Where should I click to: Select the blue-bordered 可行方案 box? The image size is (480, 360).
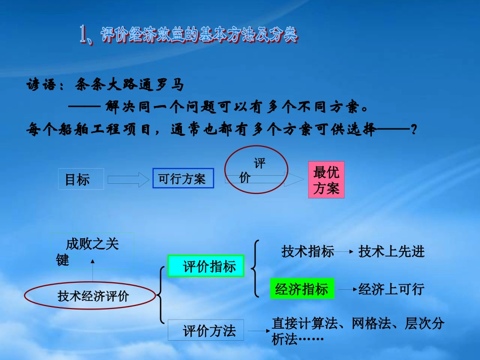(x=182, y=179)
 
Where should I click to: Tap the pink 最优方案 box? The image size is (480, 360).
(x=326, y=180)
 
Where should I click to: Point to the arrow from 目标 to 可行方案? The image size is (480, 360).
(x=126, y=179)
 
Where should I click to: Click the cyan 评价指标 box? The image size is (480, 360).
(x=206, y=266)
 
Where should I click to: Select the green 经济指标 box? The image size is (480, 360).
(x=302, y=289)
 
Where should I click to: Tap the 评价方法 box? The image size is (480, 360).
(x=206, y=331)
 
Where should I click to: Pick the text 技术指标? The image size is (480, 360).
(x=308, y=251)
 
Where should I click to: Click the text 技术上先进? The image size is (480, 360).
(x=392, y=251)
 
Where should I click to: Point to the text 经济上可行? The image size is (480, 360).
(x=391, y=289)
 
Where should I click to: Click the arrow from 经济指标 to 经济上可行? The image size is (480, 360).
(x=345, y=289)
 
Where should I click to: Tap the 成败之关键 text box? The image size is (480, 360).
(x=93, y=250)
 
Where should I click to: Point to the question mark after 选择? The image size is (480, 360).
(x=414, y=130)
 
